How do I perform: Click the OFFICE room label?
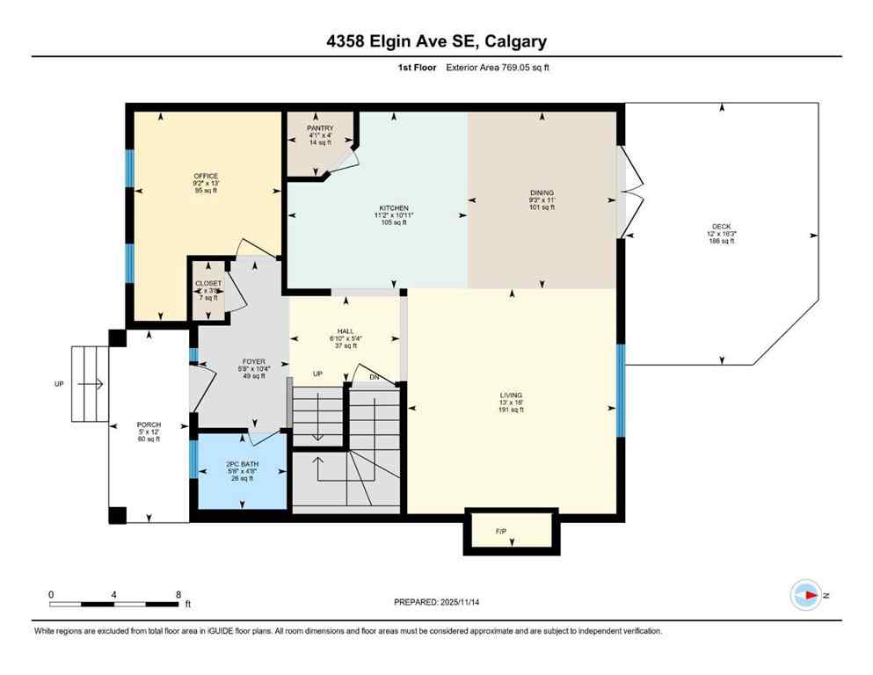click(x=206, y=176)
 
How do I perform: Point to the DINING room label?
click(x=542, y=192)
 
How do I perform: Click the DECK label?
click(x=721, y=227)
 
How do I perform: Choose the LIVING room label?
click(x=511, y=396)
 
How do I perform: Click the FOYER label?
click(x=254, y=361)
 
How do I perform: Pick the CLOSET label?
click(x=208, y=283)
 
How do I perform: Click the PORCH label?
click(x=149, y=425)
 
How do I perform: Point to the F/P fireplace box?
click(x=511, y=531)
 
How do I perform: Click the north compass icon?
click(x=806, y=595)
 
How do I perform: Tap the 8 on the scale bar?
click(x=178, y=594)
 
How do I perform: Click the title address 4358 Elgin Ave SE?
click(x=436, y=41)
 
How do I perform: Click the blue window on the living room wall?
click(x=621, y=391)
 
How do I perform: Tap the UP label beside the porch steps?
click(x=59, y=384)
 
